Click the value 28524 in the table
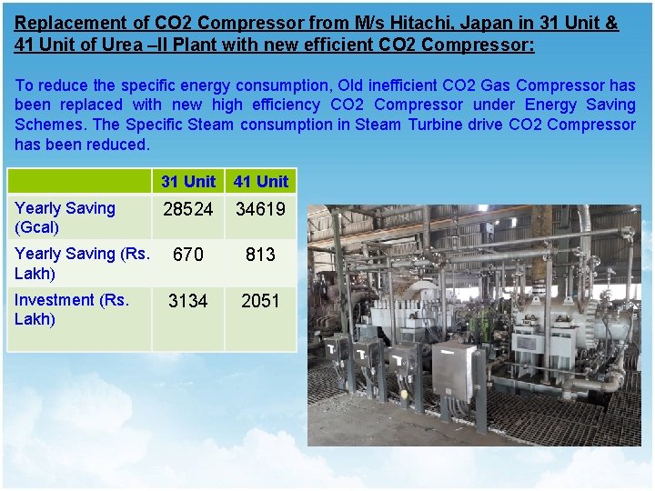187,209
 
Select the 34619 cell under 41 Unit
260,209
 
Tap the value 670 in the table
187,256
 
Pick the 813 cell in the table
260,256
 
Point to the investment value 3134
187,301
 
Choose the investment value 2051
260,301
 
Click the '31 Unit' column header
188,181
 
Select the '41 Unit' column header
260,181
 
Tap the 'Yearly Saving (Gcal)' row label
65,217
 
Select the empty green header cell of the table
78,181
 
